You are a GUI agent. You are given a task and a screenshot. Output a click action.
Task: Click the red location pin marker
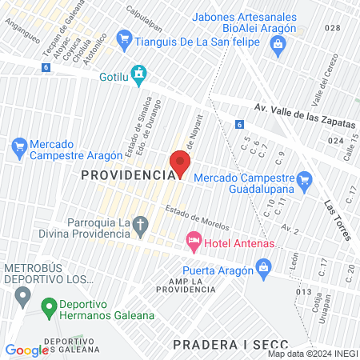(x=179, y=164)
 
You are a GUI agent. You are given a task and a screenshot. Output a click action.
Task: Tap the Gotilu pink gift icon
(x=139, y=74)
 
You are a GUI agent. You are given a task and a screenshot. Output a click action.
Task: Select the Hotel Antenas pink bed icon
(x=193, y=240)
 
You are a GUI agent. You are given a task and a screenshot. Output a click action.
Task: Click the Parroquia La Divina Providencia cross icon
(x=141, y=225)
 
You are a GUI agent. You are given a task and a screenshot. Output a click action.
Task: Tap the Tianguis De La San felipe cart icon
(x=124, y=38)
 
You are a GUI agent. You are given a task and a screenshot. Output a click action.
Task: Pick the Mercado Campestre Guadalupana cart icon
(x=304, y=181)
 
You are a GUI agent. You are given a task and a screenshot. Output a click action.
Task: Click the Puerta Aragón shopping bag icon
(x=263, y=269)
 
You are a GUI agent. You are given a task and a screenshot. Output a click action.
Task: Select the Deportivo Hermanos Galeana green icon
(x=49, y=306)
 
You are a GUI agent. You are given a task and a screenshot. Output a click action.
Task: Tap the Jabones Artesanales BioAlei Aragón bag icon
(x=277, y=44)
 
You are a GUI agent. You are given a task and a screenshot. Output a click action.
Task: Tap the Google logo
(x=27, y=350)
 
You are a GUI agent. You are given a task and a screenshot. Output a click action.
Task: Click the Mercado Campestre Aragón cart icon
(x=19, y=146)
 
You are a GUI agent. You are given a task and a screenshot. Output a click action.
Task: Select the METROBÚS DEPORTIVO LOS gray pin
(x=24, y=297)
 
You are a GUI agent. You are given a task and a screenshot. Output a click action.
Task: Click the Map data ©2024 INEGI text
(x=312, y=354)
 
